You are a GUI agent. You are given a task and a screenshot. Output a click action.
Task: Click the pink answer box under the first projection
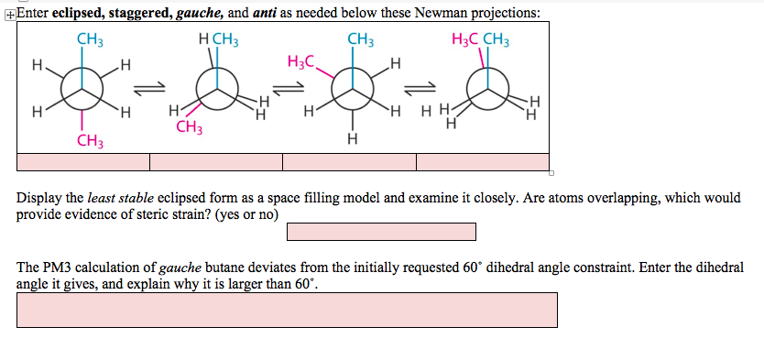click(x=83, y=162)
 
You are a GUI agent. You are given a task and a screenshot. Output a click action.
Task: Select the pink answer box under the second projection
click(x=216, y=162)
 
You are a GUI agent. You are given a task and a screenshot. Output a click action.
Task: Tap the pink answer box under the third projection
click(x=349, y=162)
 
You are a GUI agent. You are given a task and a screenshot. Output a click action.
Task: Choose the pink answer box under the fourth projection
click(x=483, y=162)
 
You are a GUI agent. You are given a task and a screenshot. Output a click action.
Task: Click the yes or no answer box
click(x=381, y=232)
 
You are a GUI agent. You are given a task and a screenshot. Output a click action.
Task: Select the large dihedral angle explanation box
click(x=287, y=310)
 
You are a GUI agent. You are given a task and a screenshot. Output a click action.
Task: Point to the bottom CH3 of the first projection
click(x=90, y=141)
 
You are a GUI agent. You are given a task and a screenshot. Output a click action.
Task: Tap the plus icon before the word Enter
click(x=8, y=13)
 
